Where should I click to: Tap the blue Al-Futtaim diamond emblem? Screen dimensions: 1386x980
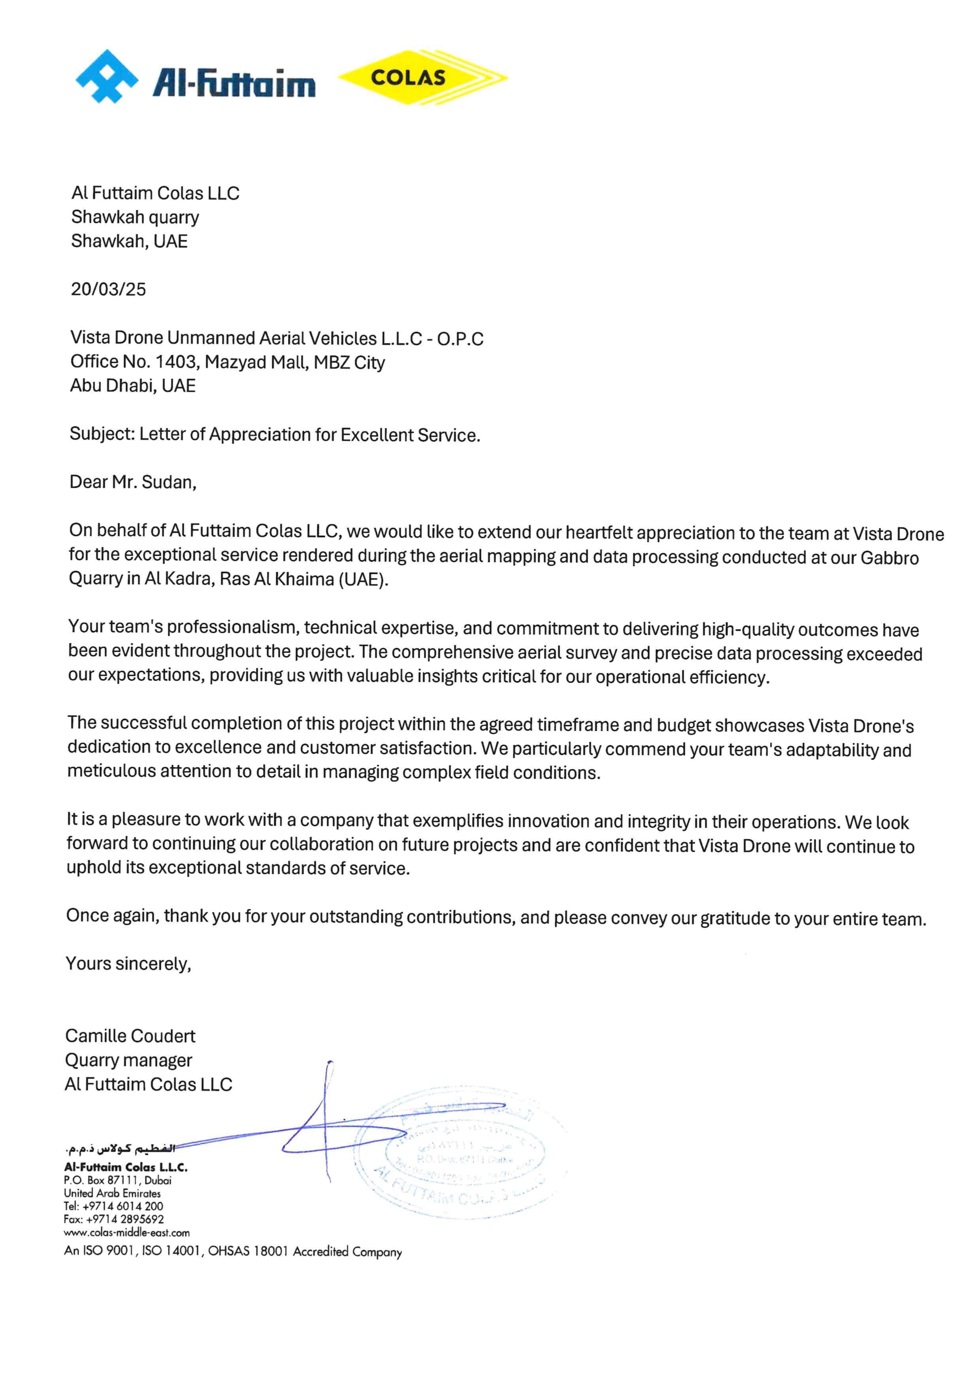(106, 76)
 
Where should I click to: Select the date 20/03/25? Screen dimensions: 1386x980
(108, 289)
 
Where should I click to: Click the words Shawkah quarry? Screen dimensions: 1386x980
(135, 217)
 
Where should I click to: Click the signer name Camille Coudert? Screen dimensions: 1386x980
(130, 1036)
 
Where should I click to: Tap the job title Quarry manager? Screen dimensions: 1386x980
(128, 1060)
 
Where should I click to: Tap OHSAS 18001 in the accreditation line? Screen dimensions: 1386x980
(247, 1251)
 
